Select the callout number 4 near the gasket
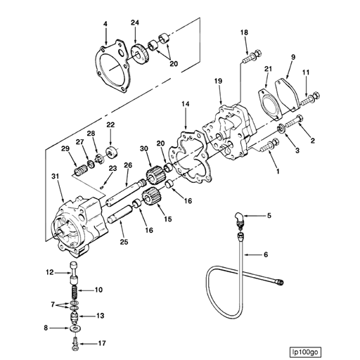(105, 25)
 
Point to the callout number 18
(244, 32)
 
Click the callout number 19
(218, 82)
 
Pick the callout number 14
(185, 105)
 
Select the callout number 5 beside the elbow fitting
(268, 214)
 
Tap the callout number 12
(51, 271)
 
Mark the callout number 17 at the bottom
(103, 344)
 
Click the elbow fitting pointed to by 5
(241, 218)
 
